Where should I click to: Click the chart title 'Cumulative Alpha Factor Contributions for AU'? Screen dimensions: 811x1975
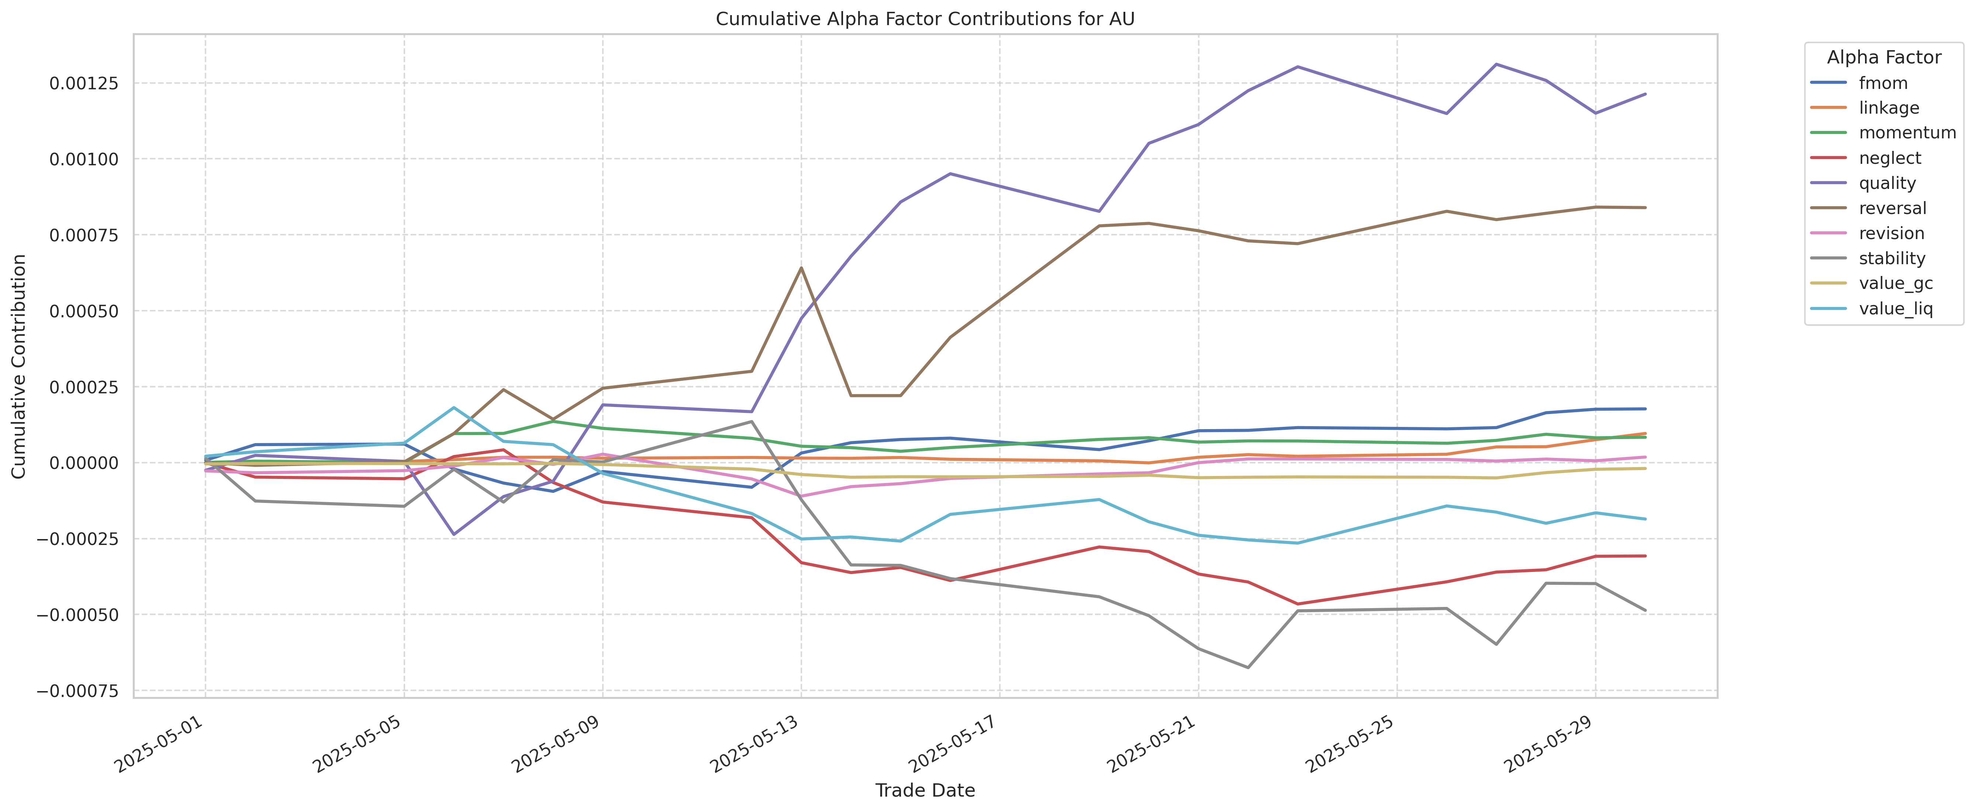pyautogui.click(x=925, y=19)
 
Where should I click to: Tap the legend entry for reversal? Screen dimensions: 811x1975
pyautogui.click(x=1892, y=208)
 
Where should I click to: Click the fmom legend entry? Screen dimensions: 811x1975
pyautogui.click(x=1883, y=83)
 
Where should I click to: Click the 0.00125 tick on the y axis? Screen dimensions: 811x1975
pyautogui.click(x=84, y=83)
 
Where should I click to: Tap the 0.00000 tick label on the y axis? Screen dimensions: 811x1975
pyautogui.click(x=84, y=463)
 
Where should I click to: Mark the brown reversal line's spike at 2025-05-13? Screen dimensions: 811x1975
pyautogui.click(x=801, y=268)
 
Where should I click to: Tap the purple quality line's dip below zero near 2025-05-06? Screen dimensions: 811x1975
pyautogui.click(x=454, y=534)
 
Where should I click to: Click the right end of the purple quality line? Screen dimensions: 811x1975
pyautogui.click(x=1644, y=94)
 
